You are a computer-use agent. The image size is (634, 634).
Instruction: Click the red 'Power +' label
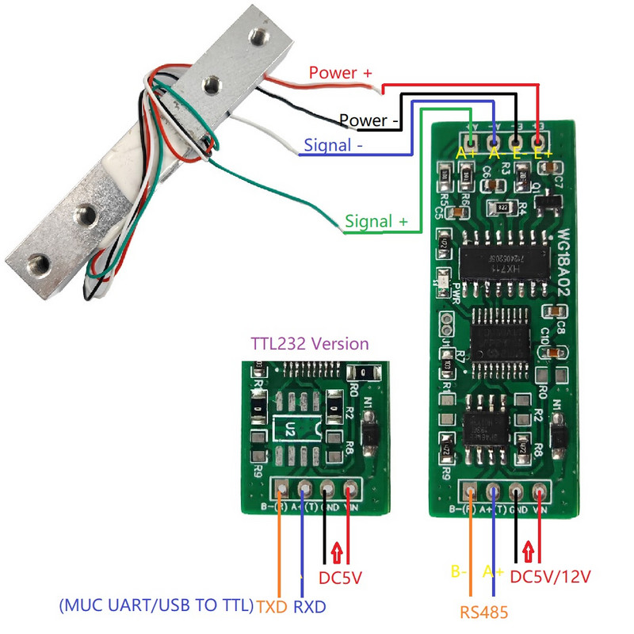[340, 73]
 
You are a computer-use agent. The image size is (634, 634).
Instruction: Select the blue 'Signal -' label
[334, 147]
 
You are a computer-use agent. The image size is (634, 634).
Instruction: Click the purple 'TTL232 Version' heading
[310, 344]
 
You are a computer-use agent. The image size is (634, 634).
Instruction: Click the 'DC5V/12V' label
[551, 576]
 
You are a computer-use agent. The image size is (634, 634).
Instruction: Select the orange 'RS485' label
[483, 611]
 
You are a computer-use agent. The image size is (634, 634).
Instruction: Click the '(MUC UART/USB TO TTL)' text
[156, 607]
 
